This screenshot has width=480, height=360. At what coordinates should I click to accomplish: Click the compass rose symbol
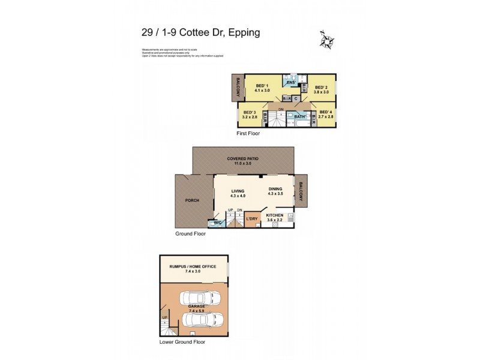[328, 40]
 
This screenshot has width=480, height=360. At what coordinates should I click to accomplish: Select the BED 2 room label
[322, 86]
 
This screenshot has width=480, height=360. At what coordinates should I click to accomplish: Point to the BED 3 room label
[250, 112]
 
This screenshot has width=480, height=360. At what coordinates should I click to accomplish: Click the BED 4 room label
[326, 112]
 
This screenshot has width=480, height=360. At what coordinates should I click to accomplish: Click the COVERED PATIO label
[243, 159]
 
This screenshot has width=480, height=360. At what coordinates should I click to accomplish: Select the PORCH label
[193, 200]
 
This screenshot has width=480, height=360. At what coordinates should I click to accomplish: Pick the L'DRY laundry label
[252, 219]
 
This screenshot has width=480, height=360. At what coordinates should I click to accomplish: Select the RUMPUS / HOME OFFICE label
[193, 266]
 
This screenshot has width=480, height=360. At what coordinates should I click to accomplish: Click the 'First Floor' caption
[248, 133]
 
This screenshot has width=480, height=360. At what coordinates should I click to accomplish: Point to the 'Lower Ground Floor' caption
[182, 342]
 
